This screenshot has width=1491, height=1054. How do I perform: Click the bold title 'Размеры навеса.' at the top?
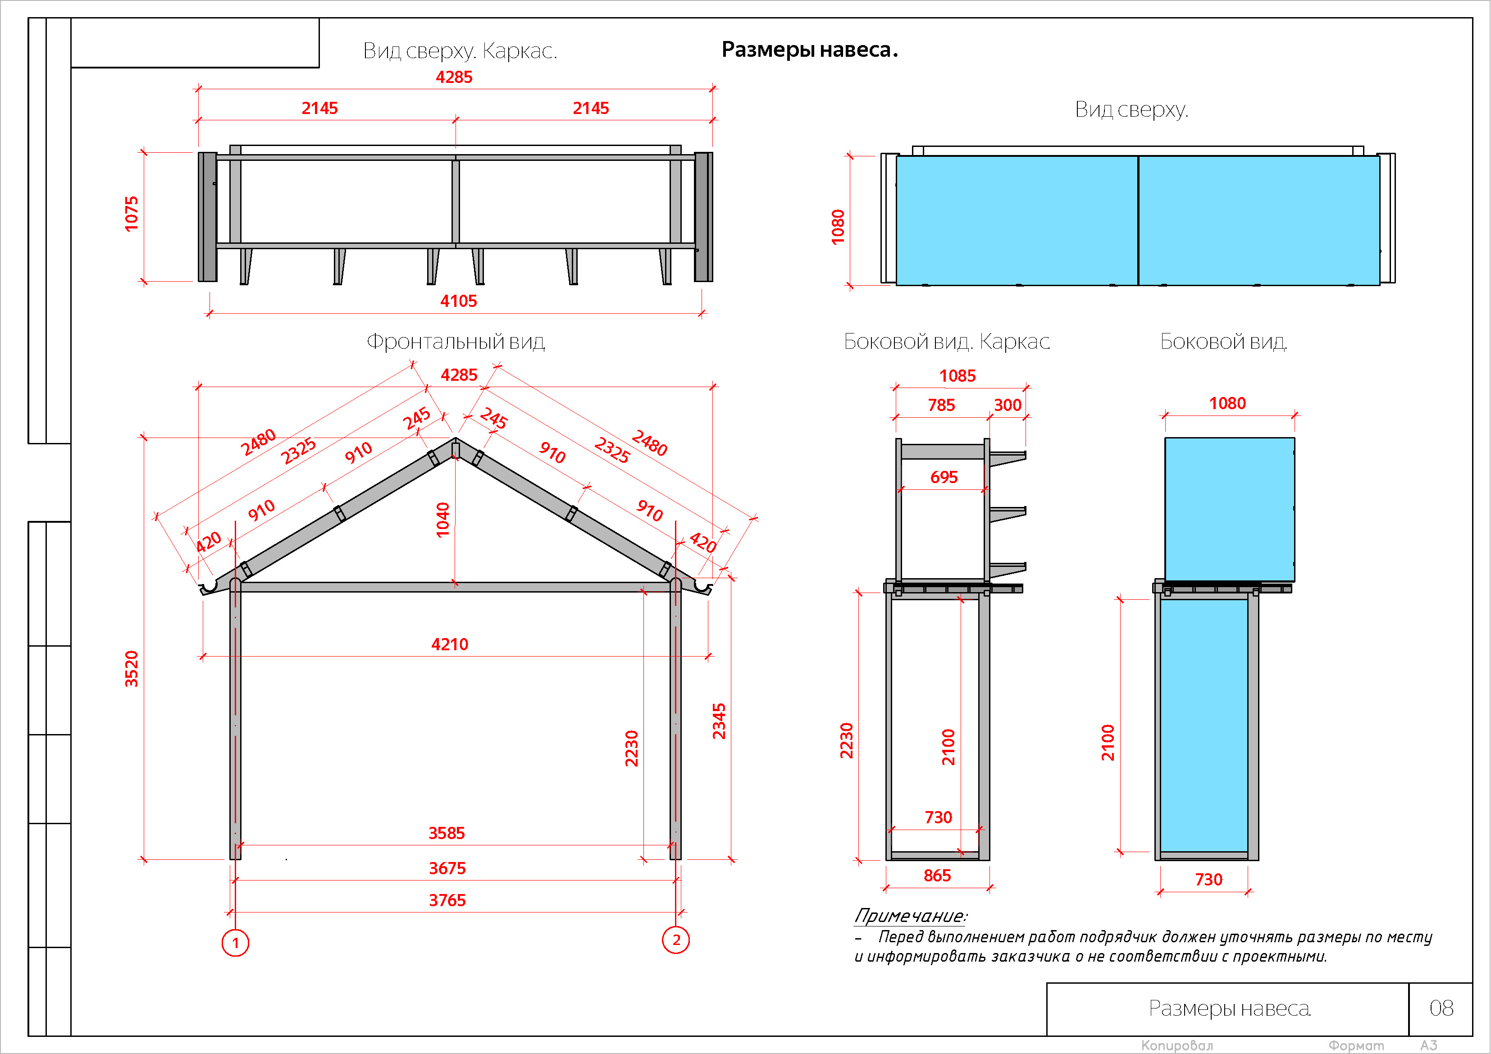coord(809,50)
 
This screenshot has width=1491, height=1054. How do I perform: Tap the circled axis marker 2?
coord(676,940)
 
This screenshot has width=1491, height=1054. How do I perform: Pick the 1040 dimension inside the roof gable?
coord(443,520)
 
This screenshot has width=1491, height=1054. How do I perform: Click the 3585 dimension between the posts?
coord(447,833)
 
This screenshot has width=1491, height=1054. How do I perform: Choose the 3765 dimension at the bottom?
coord(447,900)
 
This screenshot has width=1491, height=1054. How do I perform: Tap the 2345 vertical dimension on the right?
coord(719,721)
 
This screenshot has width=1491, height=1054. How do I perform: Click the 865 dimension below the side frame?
coord(937,876)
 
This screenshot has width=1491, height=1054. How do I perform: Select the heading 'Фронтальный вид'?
coord(456,342)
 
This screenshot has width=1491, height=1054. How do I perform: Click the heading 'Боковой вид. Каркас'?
coord(947,342)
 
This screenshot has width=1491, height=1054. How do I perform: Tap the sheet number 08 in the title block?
coord(1441,1008)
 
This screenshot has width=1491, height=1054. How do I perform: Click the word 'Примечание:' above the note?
coord(911,916)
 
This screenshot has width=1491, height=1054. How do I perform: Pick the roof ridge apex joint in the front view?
coord(456,448)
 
